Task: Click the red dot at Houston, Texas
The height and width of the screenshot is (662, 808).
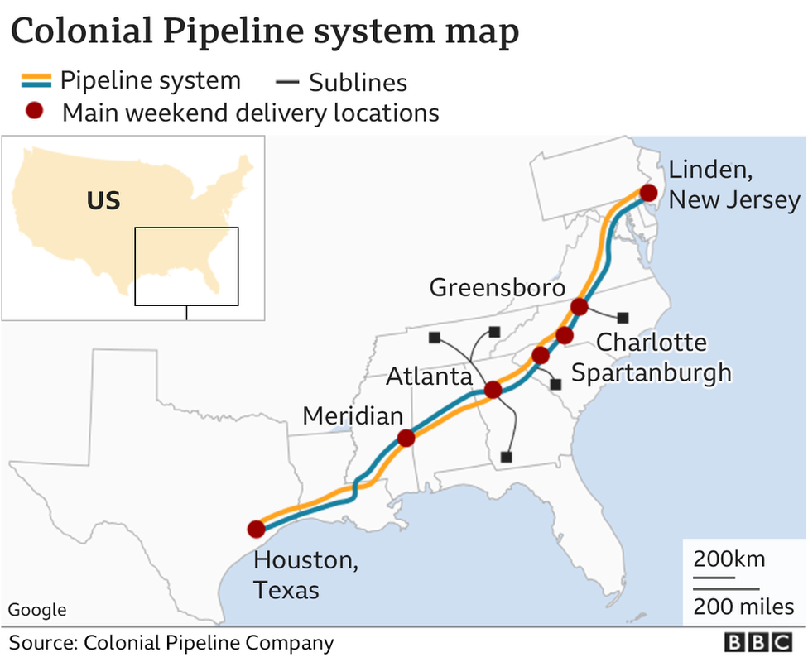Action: (x=256, y=529)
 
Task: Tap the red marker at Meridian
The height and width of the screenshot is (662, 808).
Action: (x=406, y=439)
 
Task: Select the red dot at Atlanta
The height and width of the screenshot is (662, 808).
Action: (x=493, y=390)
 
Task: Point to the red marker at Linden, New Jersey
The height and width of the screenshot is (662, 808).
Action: (x=648, y=193)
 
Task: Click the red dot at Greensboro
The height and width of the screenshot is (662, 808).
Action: (x=580, y=307)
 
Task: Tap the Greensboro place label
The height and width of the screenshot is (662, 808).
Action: (x=498, y=288)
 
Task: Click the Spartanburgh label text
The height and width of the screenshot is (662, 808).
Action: (x=652, y=372)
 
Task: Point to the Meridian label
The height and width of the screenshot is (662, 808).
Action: (x=353, y=415)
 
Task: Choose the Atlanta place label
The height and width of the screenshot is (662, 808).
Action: (x=429, y=377)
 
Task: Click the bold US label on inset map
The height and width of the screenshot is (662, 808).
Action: (x=103, y=201)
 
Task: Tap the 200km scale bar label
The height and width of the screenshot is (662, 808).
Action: (x=729, y=559)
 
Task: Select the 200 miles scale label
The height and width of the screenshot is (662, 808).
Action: (x=743, y=607)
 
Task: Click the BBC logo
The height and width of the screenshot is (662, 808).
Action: (x=758, y=643)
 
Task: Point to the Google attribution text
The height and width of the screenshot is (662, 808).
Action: (x=37, y=610)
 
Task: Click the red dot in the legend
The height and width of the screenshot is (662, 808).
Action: (x=34, y=112)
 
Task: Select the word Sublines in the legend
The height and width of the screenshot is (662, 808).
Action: (x=358, y=83)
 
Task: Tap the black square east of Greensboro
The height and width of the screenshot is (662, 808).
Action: (x=623, y=318)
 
